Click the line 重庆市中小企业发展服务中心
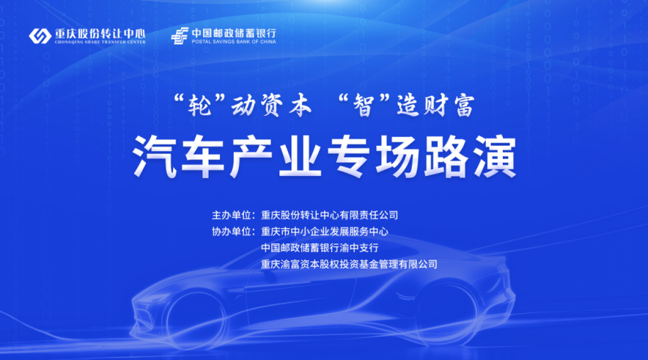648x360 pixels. [x=324, y=232]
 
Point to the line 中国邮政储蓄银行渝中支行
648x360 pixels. [x=319, y=248]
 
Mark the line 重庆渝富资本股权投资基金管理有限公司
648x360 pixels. [x=349, y=264]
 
